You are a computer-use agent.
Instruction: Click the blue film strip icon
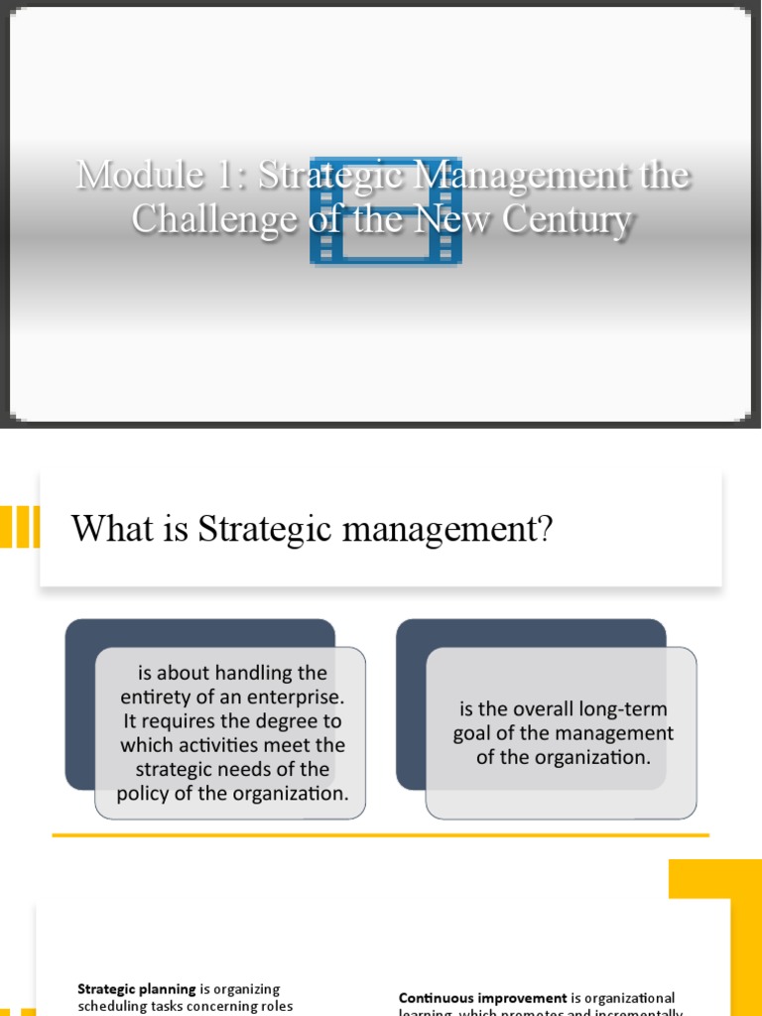386,209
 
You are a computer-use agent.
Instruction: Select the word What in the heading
103,530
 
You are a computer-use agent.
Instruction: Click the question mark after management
544,530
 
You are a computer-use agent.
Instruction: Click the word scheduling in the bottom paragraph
111,1006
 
